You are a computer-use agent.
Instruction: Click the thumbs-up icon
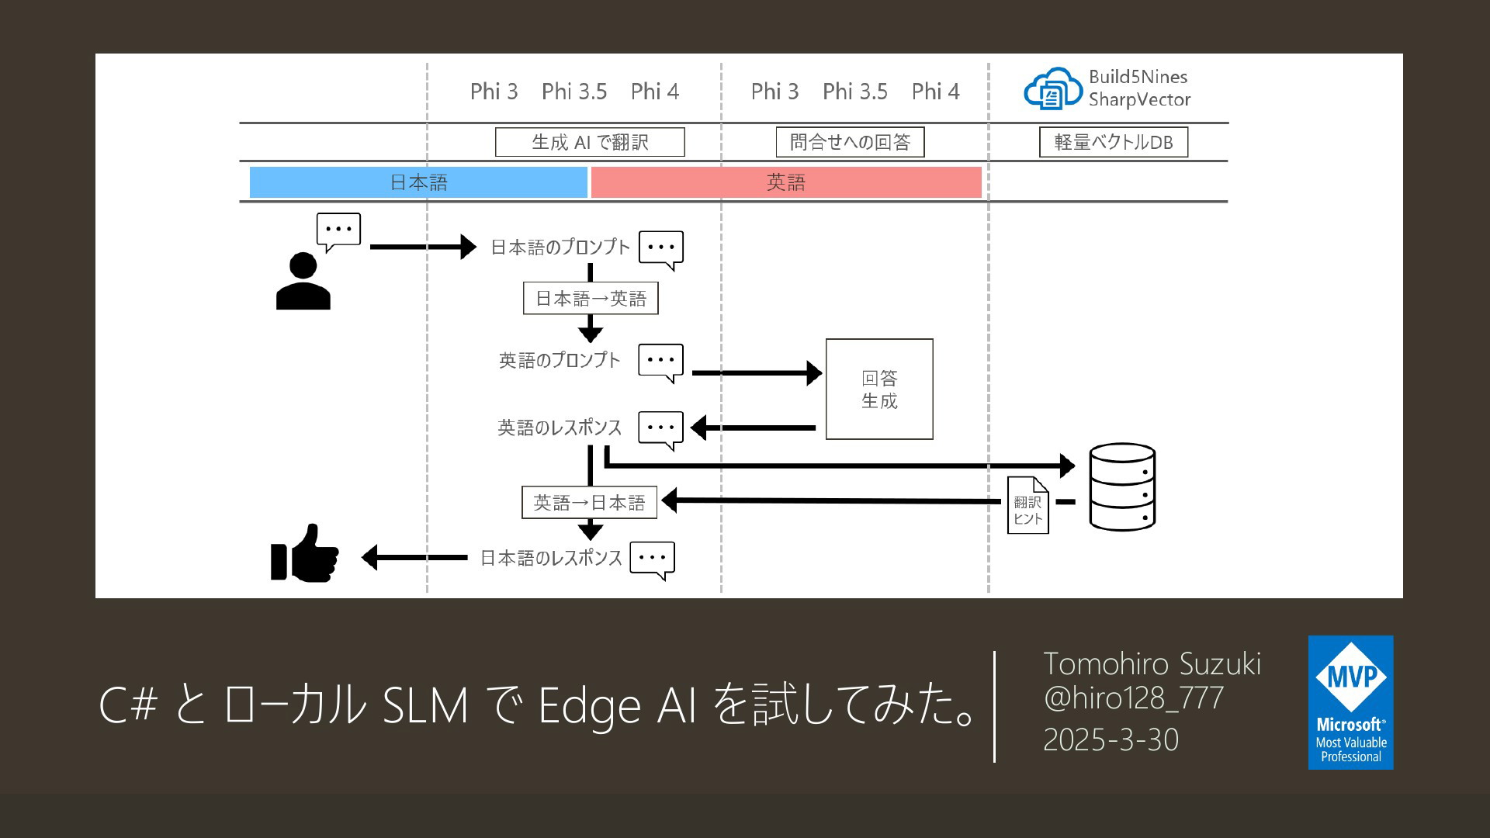[305, 554]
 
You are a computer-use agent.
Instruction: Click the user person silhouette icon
[303, 282]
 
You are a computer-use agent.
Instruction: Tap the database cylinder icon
[1122, 487]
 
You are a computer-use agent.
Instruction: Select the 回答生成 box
[879, 390]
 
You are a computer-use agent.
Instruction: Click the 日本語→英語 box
[591, 299]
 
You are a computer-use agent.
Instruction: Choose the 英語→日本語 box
[589, 503]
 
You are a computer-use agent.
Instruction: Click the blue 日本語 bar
[418, 182]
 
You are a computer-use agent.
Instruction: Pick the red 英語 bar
[786, 182]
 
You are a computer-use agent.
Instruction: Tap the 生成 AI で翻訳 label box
[590, 143]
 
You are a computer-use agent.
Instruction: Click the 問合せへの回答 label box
[850, 143]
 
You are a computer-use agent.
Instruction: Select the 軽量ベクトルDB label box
[1114, 143]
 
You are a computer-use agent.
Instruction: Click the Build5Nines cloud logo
[1052, 89]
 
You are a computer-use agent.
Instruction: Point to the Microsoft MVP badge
[1350, 702]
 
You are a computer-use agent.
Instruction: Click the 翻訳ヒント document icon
[1027, 505]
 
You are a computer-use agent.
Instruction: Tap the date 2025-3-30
[1111, 740]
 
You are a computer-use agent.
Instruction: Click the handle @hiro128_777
[1133, 698]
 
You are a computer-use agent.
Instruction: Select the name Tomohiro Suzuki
[1152, 664]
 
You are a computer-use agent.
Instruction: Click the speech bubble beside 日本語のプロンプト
[661, 249]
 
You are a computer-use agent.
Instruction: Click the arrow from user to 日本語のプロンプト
[423, 247]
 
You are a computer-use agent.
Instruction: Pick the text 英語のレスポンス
[560, 428]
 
